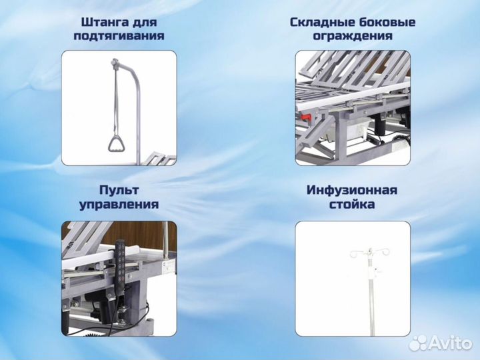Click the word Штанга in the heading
coord(101,22)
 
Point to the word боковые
coord(386,22)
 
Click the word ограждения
coord(353,36)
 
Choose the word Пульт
coord(119,190)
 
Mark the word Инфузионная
coord(352,190)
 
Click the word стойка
coord(352,205)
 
